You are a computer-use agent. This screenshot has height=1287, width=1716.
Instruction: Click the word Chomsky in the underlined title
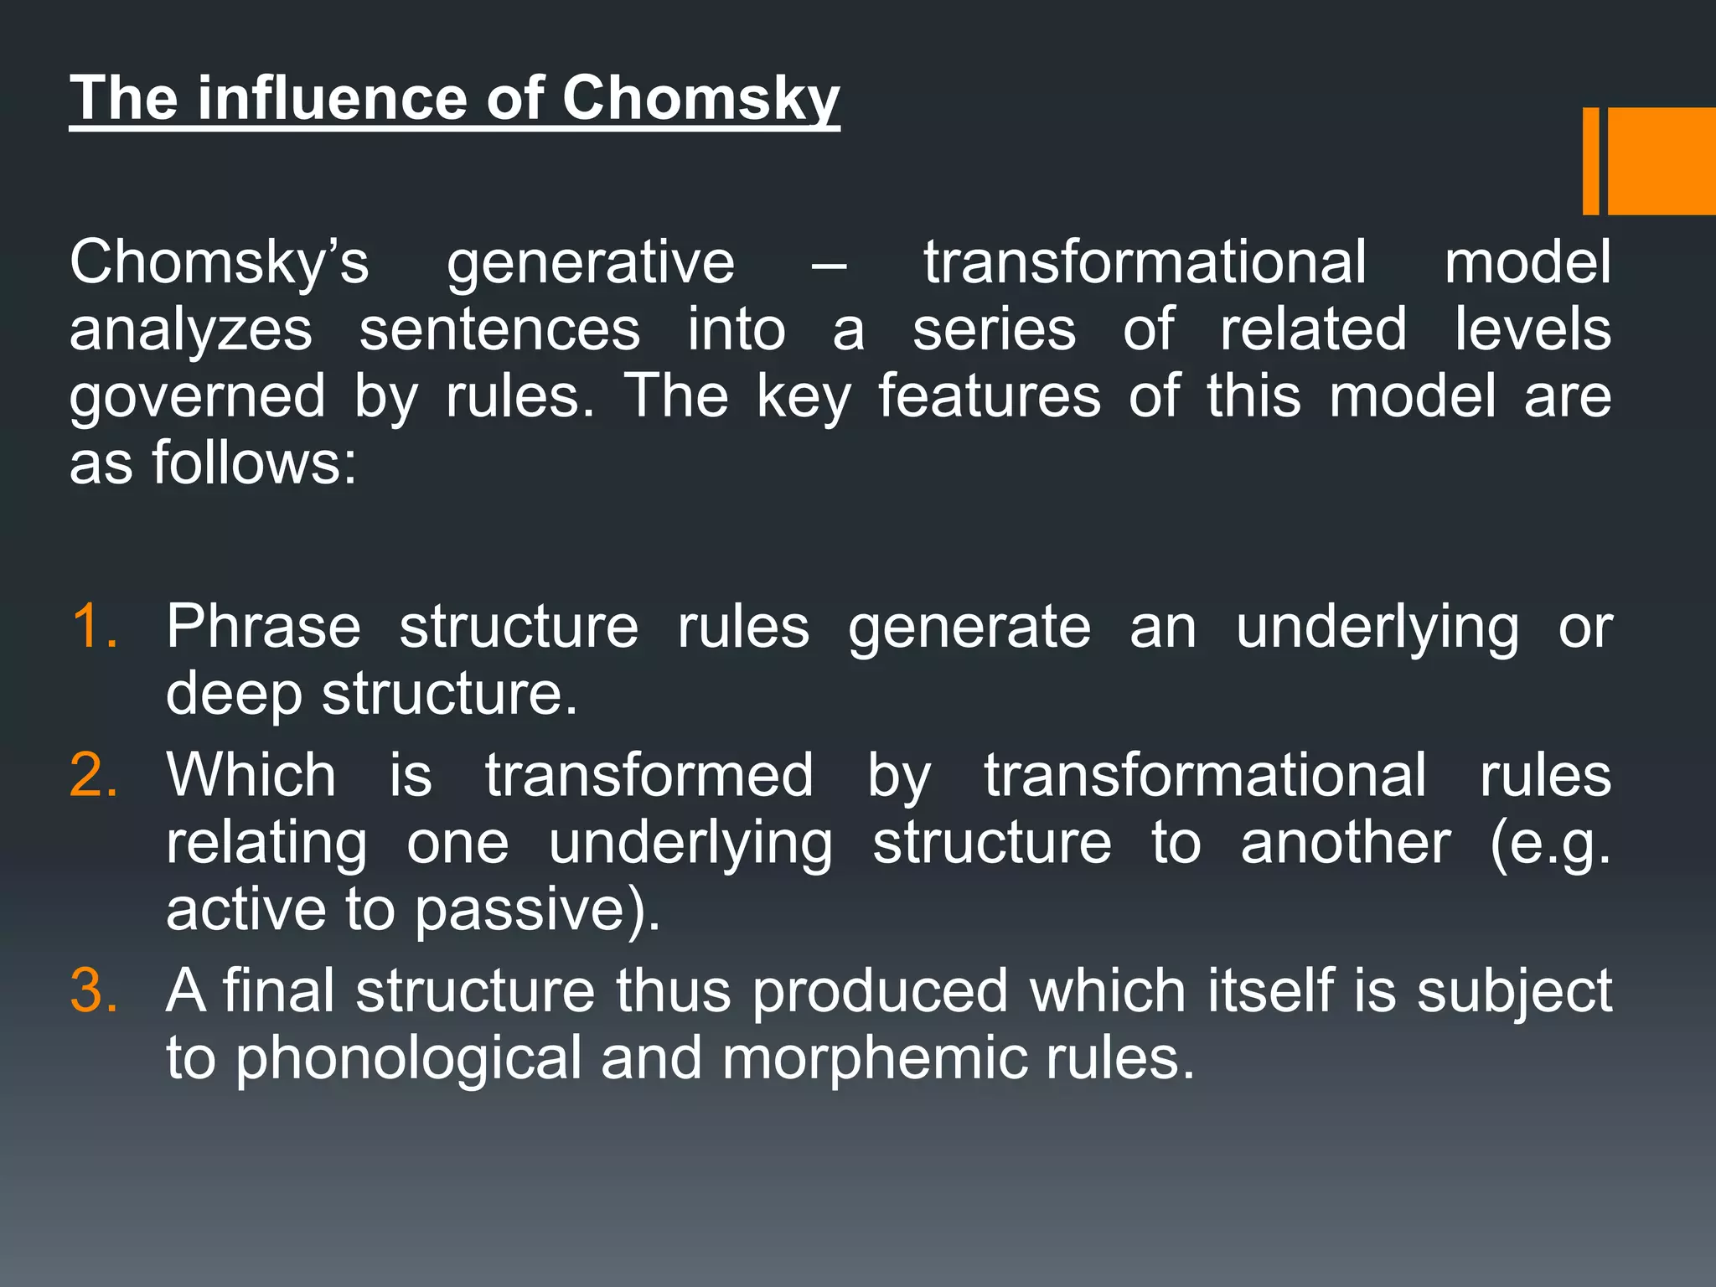tap(700, 99)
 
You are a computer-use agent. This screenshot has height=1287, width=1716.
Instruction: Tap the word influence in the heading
tap(333, 99)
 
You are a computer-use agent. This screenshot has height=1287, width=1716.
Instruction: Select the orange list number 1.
tap(94, 626)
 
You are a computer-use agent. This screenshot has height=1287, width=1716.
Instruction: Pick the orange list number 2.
tap(94, 774)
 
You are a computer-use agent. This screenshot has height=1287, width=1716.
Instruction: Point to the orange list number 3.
tap(94, 990)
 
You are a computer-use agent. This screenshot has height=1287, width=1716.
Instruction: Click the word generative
tap(590, 263)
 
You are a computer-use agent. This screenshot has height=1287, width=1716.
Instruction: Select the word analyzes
tap(191, 330)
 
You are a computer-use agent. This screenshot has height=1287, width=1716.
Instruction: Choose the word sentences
tap(499, 330)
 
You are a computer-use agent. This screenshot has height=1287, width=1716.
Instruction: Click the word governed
tap(197, 397)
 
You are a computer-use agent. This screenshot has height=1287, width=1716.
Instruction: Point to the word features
tap(989, 395)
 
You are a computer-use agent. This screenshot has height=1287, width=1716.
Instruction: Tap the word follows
tap(254, 463)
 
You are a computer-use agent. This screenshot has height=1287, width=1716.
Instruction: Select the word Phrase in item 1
tap(263, 626)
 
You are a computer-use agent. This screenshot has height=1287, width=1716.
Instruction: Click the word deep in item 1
tap(234, 695)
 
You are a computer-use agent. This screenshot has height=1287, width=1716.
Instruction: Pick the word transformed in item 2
tap(649, 774)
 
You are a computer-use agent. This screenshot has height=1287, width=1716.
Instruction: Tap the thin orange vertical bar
tap(1590, 161)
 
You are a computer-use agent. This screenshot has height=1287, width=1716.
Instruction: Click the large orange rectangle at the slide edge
tap(1662, 161)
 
